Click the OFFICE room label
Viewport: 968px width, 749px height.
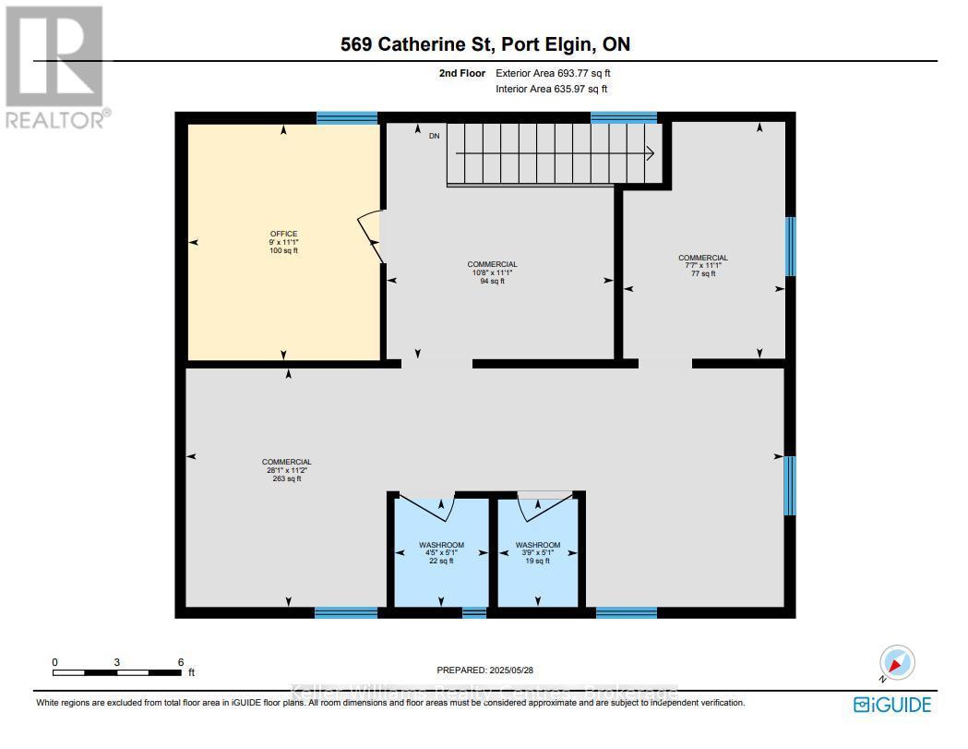point(283,234)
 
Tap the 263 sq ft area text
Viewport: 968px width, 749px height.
point(286,479)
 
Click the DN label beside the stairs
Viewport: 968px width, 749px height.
point(435,137)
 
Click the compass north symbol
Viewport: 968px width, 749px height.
point(895,663)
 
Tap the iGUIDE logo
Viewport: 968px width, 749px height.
point(892,705)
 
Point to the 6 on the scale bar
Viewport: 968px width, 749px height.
point(180,662)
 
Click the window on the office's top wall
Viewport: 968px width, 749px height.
point(347,117)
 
